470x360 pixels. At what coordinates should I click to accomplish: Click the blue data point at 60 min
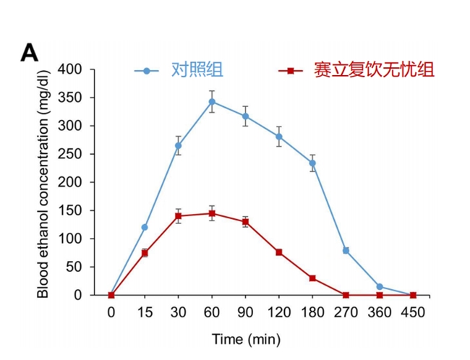point(212,101)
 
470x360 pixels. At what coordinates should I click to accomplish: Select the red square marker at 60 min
point(212,213)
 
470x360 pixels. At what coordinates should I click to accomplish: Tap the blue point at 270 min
point(346,250)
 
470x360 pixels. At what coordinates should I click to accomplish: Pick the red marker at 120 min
point(278,252)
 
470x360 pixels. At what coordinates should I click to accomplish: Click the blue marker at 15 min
point(145,227)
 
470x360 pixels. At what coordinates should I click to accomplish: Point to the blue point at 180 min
point(312,163)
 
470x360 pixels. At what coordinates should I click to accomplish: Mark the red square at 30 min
point(178,216)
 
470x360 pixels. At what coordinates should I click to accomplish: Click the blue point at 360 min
point(379,287)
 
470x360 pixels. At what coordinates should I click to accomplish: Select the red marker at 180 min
point(312,278)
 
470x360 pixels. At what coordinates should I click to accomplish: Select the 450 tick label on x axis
point(412,312)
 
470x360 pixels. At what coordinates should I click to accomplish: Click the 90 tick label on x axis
point(245,312)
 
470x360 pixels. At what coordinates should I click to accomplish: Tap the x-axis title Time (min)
point(245,338)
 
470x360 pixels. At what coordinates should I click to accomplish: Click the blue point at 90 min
point(245,116)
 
